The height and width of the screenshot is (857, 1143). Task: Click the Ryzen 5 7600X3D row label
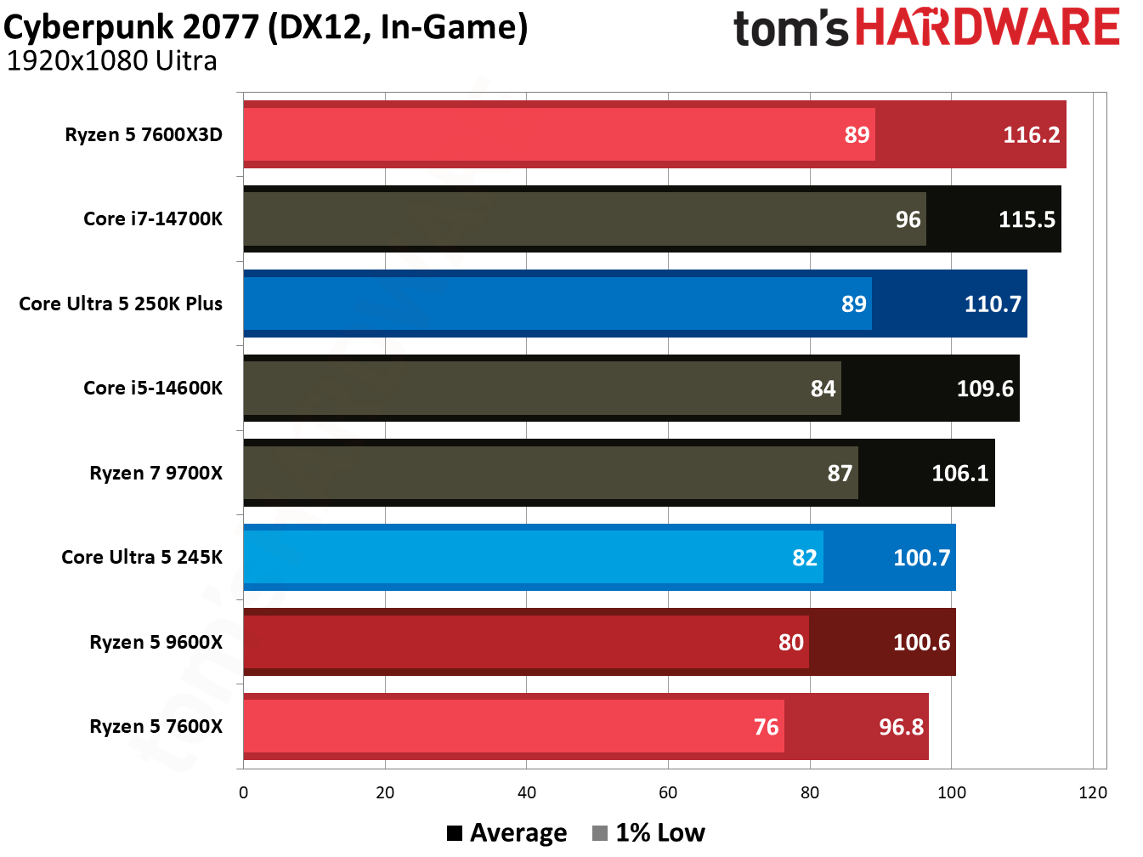pos(144,135)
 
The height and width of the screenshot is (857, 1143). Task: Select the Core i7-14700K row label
pos(153,219)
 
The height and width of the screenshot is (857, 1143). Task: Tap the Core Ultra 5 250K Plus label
pos(121,304)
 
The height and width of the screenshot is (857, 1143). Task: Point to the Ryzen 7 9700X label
pos(156,474)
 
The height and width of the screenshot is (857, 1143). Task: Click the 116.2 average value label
pos(1031,135)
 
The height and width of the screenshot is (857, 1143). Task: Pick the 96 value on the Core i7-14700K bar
pos(908,220)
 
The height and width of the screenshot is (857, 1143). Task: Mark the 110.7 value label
pos(992,304)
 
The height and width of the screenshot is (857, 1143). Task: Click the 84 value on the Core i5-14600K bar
pos(823,389)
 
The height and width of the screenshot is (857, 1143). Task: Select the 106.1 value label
pos(959,474)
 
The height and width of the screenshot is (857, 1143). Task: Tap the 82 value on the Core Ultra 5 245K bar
pos(804,559)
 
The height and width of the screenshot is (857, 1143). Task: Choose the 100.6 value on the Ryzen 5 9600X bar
pos(921,643)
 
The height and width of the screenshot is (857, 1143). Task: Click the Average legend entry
pos(507,833)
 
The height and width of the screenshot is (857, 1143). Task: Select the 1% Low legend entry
pos(649,833)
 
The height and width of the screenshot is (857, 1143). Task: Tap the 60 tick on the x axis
pos(668,793)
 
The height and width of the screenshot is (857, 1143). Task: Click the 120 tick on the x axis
pos(1092,793)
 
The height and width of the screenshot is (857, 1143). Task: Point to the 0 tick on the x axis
pos(244,793)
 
